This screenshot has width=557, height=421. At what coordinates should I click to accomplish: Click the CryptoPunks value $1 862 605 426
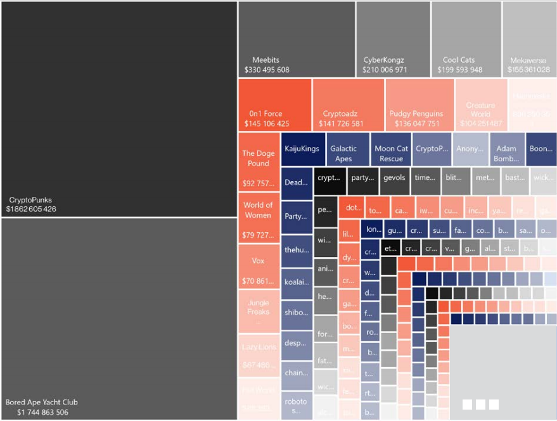click(31, 209)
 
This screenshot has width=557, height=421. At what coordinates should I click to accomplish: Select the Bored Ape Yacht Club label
click(41, 402)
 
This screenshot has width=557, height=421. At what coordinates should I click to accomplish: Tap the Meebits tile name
click(266, 60)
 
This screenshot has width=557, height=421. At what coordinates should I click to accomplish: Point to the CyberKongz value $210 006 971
click(385, 70)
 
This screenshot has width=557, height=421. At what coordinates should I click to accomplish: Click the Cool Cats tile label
click(459, 60)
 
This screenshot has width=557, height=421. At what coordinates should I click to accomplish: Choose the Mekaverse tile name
click(528, 61)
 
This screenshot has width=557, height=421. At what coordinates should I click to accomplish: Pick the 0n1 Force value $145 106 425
click(267, 123)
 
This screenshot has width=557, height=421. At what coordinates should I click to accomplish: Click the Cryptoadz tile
click(348, 104)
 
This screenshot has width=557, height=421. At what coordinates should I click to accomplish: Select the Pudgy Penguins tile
click(419, 104)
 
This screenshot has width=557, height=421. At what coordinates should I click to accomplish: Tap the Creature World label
click(480, 110)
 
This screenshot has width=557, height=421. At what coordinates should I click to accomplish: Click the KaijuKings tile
click(302, 149)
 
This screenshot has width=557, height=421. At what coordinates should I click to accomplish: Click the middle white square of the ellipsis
click(480, 404)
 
